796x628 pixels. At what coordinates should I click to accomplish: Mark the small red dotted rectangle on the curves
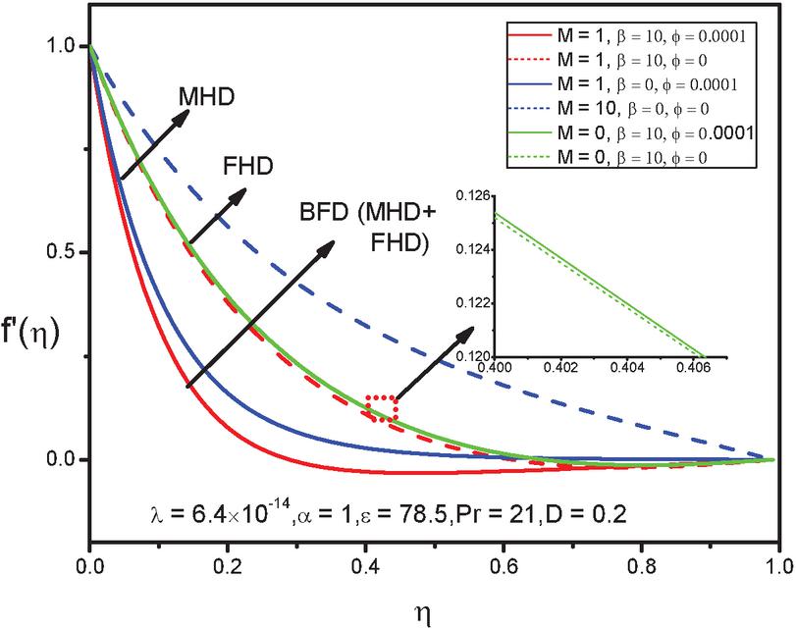[382, 408]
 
